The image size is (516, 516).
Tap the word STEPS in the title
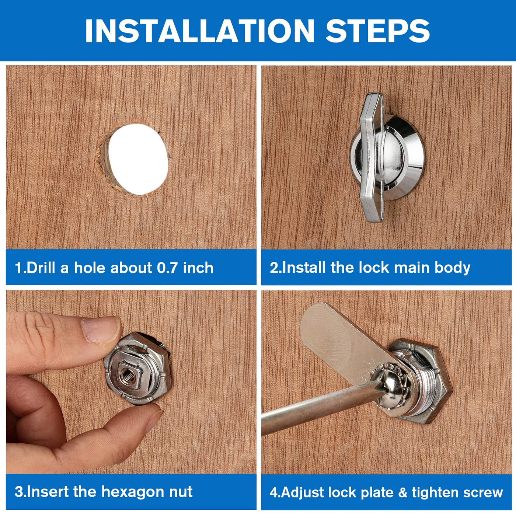coord(377,31)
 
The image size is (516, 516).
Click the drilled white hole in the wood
coord(138,159)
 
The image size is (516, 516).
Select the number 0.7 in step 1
coord(168,268)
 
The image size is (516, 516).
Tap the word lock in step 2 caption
coord(374,268)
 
